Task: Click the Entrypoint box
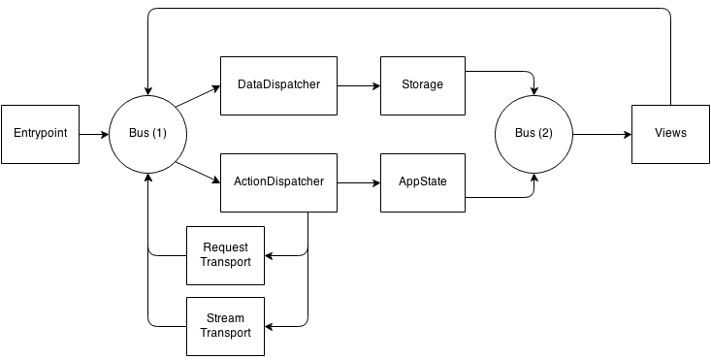pyautogui.click(x=41, y=133)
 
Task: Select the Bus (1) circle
pyautogui.click(x=147, y=133)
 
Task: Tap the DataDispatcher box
pyautogui.click(x=278, y=85)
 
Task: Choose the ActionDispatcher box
pyautogui.click(x=278, y=181)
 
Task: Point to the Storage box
pyautogui.click(x=422, y=85)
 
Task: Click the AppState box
pyautogui.click(x=422, y=181)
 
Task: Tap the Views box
pyautogui.click(x=670, y=133)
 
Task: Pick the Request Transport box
pyautogui.click(x=225, y=255)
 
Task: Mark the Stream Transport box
pyautogui.click(x=225, y=325)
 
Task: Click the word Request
pyautogui.click(x=225, y=248)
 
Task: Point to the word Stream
pyautogui.click(x=225, y=318)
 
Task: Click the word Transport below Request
pyautogui.click(x=225, y=263)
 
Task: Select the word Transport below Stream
pyautogui.click(x=225, y=333)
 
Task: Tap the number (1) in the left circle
pyautogui.click(x=159, y=133)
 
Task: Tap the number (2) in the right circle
pyautogui.click(x=546, y=133)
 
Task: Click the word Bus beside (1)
pyautogui.click(x=139, y=133)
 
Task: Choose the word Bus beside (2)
pyautogui.click(x=525, y=133)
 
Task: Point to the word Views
pyautogui.click(x=670, y=133)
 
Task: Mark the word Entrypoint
pyautogui.click(x=41, y=133)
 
